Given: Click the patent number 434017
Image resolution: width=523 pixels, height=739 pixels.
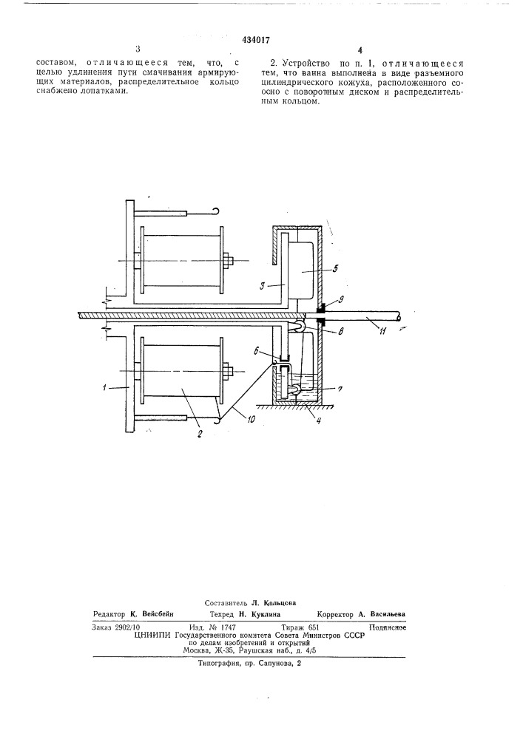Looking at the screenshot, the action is pyautogui.click(x=256, y=41).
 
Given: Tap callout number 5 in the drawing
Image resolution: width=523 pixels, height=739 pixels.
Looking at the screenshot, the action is pyautogui.click(x=335, y=269).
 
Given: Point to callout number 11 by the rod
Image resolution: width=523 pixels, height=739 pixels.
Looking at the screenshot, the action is pyautogui.click(x=383, y=332).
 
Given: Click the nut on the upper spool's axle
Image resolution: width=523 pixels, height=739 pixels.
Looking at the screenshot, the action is pyautogui.click(x=228, y=261).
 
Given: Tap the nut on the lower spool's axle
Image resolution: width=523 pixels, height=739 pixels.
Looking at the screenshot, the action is pyautogui.click(x=228, y=372).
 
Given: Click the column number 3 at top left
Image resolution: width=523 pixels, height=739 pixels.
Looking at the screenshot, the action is pyautogui.click(x=138, y=49).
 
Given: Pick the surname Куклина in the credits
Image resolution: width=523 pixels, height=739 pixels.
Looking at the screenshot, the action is pyautogui.click(x=266, y=614).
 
